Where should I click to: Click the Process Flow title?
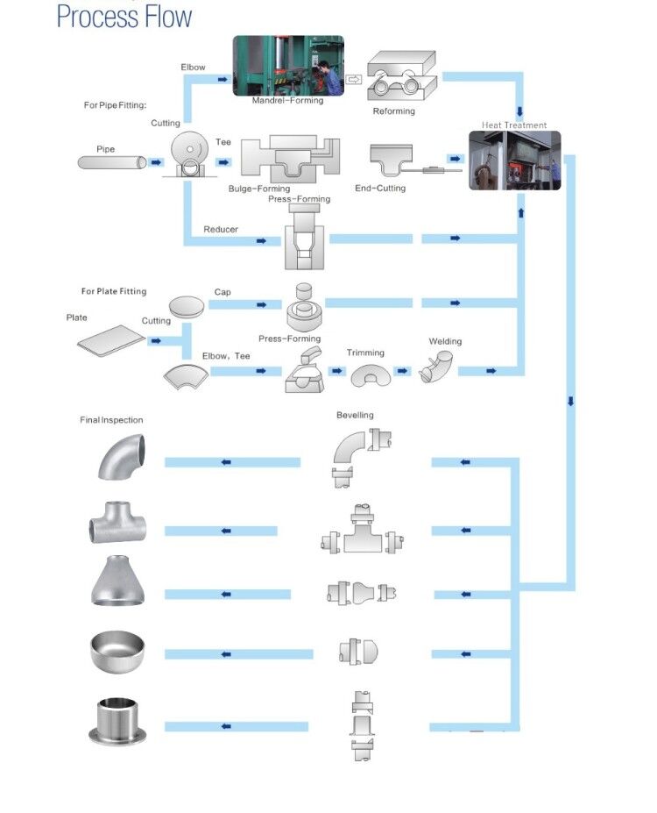point(124,16)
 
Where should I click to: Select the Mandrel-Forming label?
point(287,101)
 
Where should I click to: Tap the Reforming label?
point(393,111)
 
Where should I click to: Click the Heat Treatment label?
point(514,125)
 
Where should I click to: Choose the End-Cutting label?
point(380,189)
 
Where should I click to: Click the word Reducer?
point(221,230)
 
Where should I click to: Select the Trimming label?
point(365,353)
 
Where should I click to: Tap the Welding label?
point(445,341)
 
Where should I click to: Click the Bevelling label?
point(355,415)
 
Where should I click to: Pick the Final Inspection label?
point(111,420)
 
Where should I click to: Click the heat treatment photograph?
point(514,160)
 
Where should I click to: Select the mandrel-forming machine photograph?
point(288,65)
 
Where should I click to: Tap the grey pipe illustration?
point(111,162)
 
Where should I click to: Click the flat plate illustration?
point(110,340)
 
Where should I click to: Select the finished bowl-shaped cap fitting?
point(117,650)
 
